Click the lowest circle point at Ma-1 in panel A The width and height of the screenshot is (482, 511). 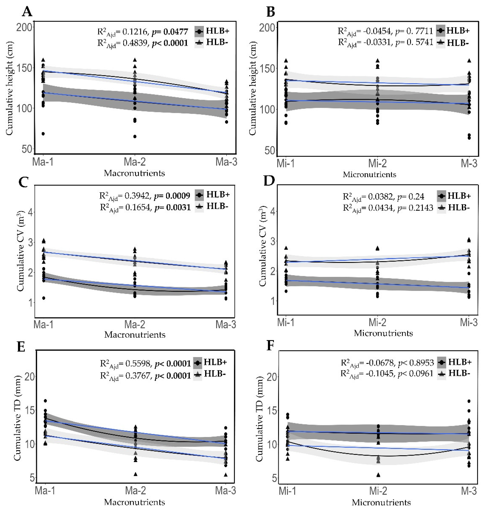43,134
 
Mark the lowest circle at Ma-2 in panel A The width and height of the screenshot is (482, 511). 135,136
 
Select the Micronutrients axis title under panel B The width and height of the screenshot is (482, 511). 369,174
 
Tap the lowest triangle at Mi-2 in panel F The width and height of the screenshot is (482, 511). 378,475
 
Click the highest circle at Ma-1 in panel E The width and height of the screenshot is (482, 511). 45,401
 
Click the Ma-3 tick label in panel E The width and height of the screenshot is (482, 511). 225,491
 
